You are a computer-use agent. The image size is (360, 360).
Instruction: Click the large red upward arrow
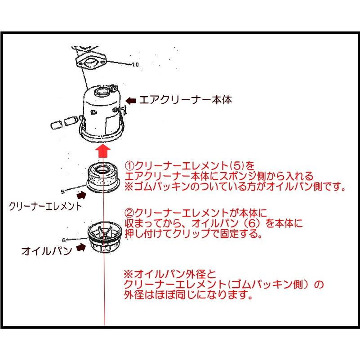(103, 151)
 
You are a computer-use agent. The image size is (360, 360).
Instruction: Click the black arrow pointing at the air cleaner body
(131, 100)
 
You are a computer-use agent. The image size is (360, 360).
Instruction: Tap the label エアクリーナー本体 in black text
(186, 100)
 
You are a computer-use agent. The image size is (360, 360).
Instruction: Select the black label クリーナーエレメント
(45, 206)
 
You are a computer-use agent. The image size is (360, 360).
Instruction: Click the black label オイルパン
(47, 251)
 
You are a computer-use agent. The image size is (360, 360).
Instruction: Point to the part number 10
(135, 65)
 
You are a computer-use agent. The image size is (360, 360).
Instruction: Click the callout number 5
(62, 191)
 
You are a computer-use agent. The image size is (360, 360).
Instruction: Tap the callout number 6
(64, 240)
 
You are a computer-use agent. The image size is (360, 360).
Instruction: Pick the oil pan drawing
(104, 237)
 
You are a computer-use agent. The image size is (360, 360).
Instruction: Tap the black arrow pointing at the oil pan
(81, 247)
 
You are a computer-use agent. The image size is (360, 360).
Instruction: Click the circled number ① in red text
(129, 165)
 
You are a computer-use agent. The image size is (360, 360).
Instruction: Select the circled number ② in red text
(129, 213)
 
